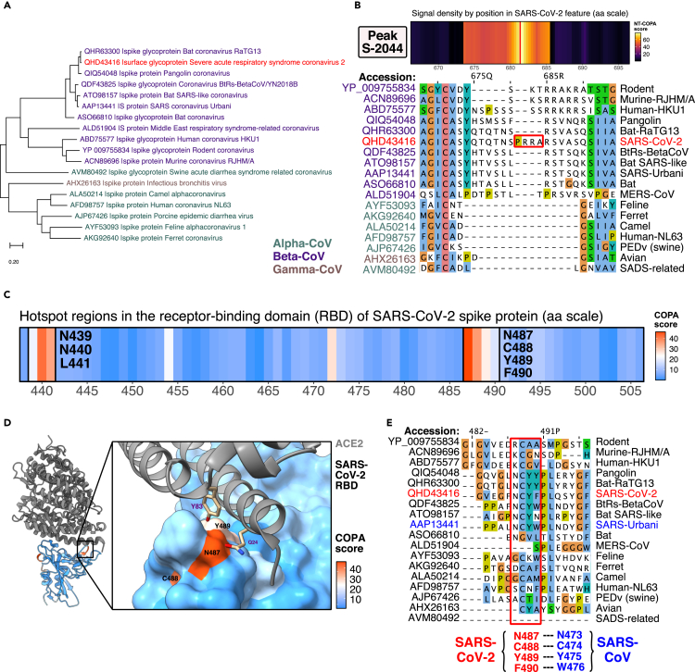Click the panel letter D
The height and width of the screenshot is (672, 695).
click(x=8, y=424)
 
